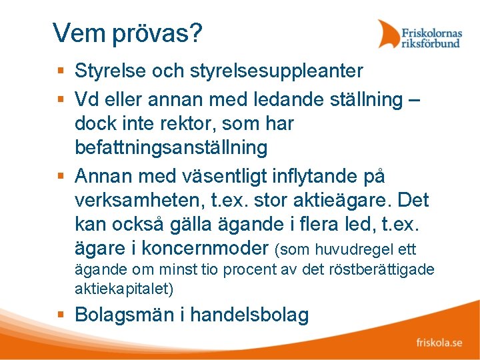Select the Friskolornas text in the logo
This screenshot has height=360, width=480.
(x=431, y=31)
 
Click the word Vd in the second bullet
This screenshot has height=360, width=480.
(x=87, y=100)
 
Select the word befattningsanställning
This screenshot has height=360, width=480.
(x=171, y=147)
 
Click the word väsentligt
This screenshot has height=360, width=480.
(x=219, y=177)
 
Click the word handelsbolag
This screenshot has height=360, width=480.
(x=249, y=315)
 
